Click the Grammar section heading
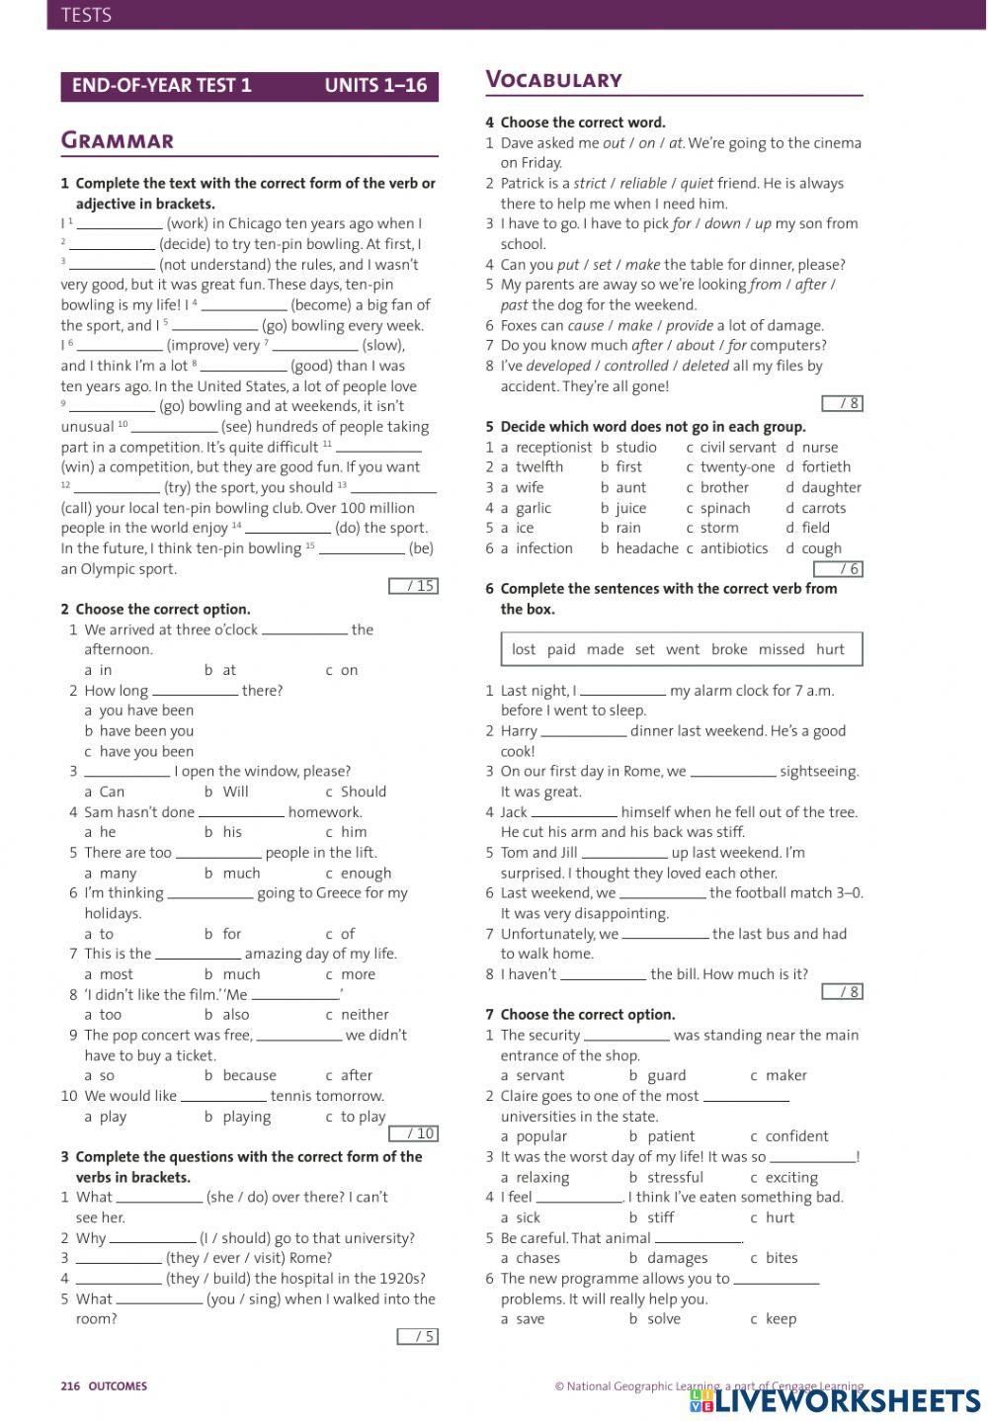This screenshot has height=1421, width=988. (118, 140)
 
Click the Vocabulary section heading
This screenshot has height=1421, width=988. (553, 80)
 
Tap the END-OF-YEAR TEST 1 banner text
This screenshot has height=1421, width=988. (161, 86)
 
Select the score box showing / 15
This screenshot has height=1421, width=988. (414, 586)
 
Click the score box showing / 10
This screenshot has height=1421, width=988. (414, 1133)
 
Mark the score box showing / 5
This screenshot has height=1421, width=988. (418, 1336)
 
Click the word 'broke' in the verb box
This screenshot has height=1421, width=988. (729, 649)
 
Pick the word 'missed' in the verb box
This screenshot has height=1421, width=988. (781, 649)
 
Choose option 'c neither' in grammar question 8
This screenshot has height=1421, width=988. (357, 1015)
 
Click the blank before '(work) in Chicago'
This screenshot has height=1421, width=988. (119, 225)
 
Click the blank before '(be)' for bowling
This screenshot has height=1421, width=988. (362, 549)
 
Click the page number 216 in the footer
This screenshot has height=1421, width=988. (70, 1386)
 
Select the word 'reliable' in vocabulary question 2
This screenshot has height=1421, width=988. (643, 184)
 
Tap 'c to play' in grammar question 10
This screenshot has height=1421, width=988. (355, 1117)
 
